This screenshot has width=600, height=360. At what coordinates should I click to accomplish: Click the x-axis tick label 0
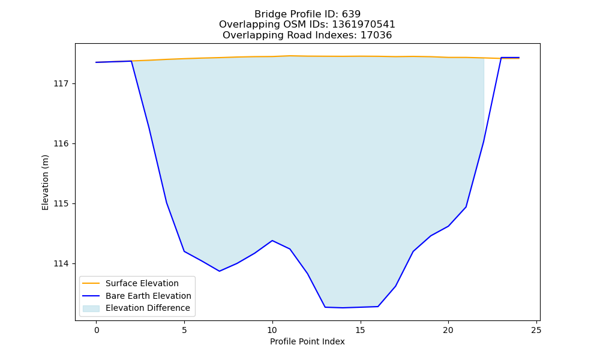(97, 330)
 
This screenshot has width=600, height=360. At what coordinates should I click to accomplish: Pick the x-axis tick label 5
(184, 330)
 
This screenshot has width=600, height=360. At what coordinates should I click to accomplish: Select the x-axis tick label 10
(272, 330)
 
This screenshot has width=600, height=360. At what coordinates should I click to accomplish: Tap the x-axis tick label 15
(360, 330)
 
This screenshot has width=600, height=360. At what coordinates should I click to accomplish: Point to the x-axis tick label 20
(448, 330)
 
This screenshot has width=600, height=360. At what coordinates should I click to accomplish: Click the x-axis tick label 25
(536, 330)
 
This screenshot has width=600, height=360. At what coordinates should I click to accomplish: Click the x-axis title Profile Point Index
(307, 341)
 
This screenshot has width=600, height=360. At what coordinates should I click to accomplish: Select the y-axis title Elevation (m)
(45, 182)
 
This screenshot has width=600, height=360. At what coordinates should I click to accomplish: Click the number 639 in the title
(351, 14)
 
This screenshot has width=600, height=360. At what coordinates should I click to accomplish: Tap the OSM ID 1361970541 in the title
(364, 25)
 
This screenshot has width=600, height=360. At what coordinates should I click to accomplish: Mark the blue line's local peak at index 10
(272, 241)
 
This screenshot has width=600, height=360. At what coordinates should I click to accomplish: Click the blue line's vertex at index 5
(184, 251)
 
